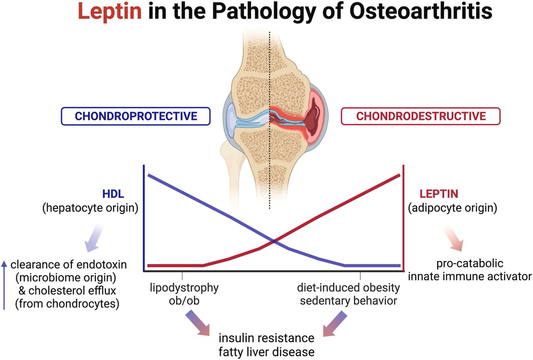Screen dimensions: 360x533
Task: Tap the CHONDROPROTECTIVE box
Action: tap(135, 116)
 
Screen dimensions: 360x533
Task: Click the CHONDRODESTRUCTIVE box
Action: tap(421, 116)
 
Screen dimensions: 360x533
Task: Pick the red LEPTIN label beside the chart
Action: tap(439, 194)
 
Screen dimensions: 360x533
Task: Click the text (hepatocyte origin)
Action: tap(88, 208)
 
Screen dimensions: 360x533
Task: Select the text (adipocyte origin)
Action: tap(452, 208)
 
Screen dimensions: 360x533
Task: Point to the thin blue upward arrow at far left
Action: tap(4, 284)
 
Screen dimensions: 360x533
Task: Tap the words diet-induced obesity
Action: tap(348, 287)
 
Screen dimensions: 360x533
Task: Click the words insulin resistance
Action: tap(267, 338)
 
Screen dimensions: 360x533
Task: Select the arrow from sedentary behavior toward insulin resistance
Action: tap(335, 323)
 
